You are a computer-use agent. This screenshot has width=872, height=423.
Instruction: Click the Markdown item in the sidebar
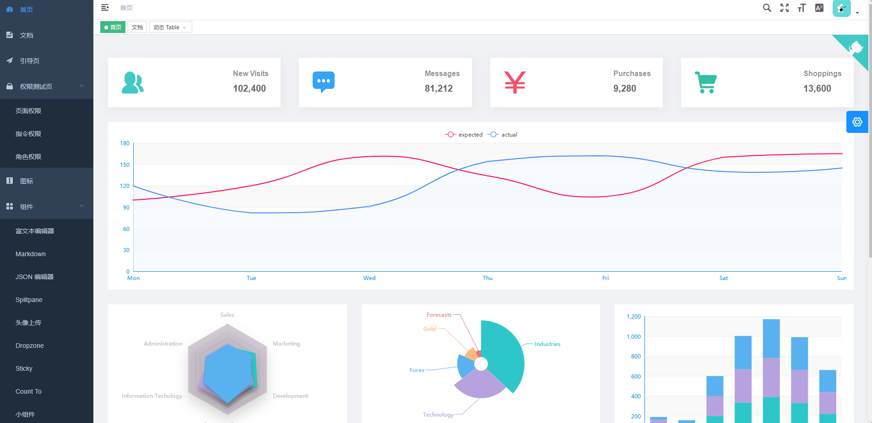click(31, 254)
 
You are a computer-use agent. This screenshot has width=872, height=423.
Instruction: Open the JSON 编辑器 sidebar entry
click(34, 277)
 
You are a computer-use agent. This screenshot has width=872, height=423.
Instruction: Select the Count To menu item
click(28, 391)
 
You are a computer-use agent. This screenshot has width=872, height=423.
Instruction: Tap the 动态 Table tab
click(167, 27)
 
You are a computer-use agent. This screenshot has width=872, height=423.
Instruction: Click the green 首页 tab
click(113, 27)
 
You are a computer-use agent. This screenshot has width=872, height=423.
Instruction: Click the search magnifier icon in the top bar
click(767, 8)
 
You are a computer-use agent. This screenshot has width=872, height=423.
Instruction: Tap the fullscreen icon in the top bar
click(785, 8)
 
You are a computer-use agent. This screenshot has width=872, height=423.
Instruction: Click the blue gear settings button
click(857, 122)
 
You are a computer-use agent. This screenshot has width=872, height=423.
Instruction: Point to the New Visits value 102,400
click(249, 88)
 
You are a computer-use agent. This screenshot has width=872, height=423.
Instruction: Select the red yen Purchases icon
click(515, 82)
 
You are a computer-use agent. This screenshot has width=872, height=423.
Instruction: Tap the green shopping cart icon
click(706, 82)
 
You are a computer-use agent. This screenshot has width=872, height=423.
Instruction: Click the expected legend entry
click(464, 135)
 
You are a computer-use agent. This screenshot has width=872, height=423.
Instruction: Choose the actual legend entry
click(503, 135)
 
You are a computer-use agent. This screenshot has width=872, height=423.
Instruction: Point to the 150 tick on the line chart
click(125, 165)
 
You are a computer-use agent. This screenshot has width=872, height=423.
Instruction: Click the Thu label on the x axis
click(487, 278)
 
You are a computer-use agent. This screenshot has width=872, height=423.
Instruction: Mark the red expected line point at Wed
click(369, 157)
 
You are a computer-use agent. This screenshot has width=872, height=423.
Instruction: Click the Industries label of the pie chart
click(547, 344)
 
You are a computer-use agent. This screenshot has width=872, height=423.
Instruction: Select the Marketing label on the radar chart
click(286, 344)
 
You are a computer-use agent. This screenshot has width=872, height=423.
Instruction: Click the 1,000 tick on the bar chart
click(634, 337)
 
